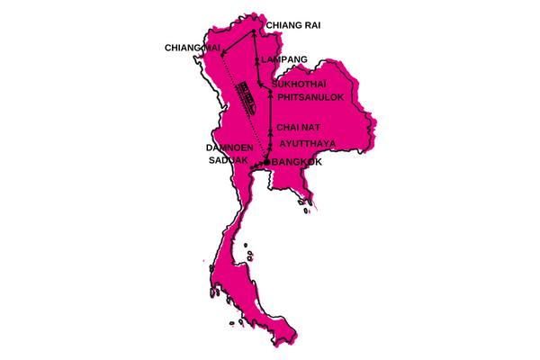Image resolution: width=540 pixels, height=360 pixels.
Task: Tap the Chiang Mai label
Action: pyautogui.click(x=193, y=47)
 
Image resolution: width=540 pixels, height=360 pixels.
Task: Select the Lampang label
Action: pyautogui.click(x=285, y=60)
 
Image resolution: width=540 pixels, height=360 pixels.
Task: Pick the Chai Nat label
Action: pyautogui.click(x=299, y=128)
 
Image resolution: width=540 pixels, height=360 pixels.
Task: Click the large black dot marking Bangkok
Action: pyautogui.click(x=266, y=161)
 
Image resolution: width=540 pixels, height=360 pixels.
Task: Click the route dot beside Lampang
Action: pyautogui.click(x=257, y=59)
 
